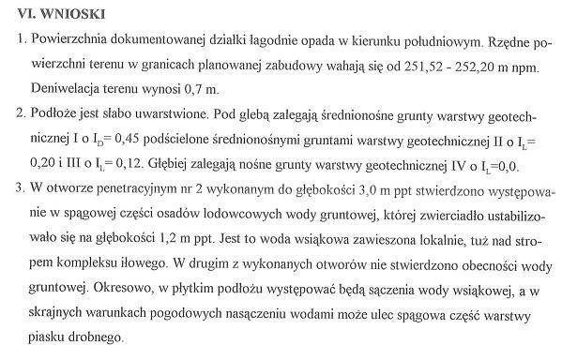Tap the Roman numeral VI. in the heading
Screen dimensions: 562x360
(x=28, y=16)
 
